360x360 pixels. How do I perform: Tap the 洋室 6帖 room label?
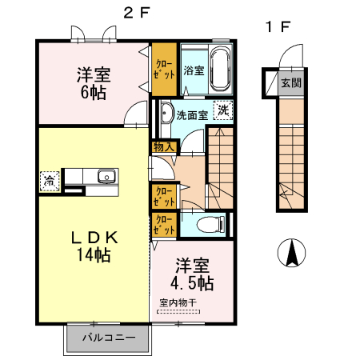click(94, 82)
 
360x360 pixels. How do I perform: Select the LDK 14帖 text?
click(93, 246)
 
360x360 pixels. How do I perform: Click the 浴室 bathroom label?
click(193, 70)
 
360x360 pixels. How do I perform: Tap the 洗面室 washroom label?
click(192, 114)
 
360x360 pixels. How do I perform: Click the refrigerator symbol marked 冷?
click(50, 179)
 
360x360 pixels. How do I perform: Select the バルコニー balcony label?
click(108, 338)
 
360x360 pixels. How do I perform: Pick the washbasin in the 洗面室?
click(166, 110)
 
